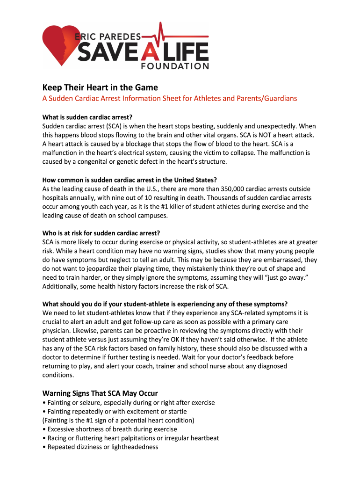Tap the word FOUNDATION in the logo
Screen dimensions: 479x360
(175, 66)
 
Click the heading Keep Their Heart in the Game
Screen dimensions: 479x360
(100, 87)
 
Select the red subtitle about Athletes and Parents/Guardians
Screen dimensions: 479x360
(170, 98)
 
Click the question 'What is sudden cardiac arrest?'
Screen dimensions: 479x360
(91, 117)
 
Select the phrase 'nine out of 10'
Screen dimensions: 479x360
(125, 197)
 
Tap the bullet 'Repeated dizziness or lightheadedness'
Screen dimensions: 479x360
(100, 447)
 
